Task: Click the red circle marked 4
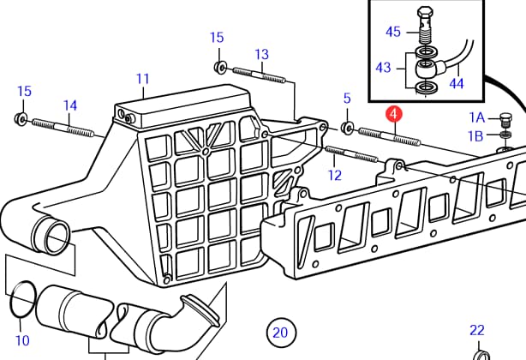pyautogui.click(x=393, y=113)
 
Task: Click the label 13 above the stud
pyautogui.click(x=261, y=53)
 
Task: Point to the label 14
pyautogui.click(x=70, y=105)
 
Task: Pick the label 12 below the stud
pyautogui.click(x=334, y=175)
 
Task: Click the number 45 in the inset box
pyautogui.click(x=392, y=32)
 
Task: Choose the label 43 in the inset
pyautogui.click(x=383, y=66)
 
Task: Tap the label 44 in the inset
pyautogui.click(x=456, y=83)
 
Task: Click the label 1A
pyautogui.click(x=476, y=117)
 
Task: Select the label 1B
pyautogui.click(x=476, y=135)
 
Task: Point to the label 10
pyautogui.click(x=22, y=340)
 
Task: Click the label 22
pyautogui.click(x=477, y=330)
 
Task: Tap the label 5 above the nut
pyautogui.click(x=347, y=99)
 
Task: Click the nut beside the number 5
pyautogui.click(x=348, y=128)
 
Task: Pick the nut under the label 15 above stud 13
pyautogui.click(x=219, y=67)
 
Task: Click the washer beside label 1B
pyautogui.click(x=505, y=135)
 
